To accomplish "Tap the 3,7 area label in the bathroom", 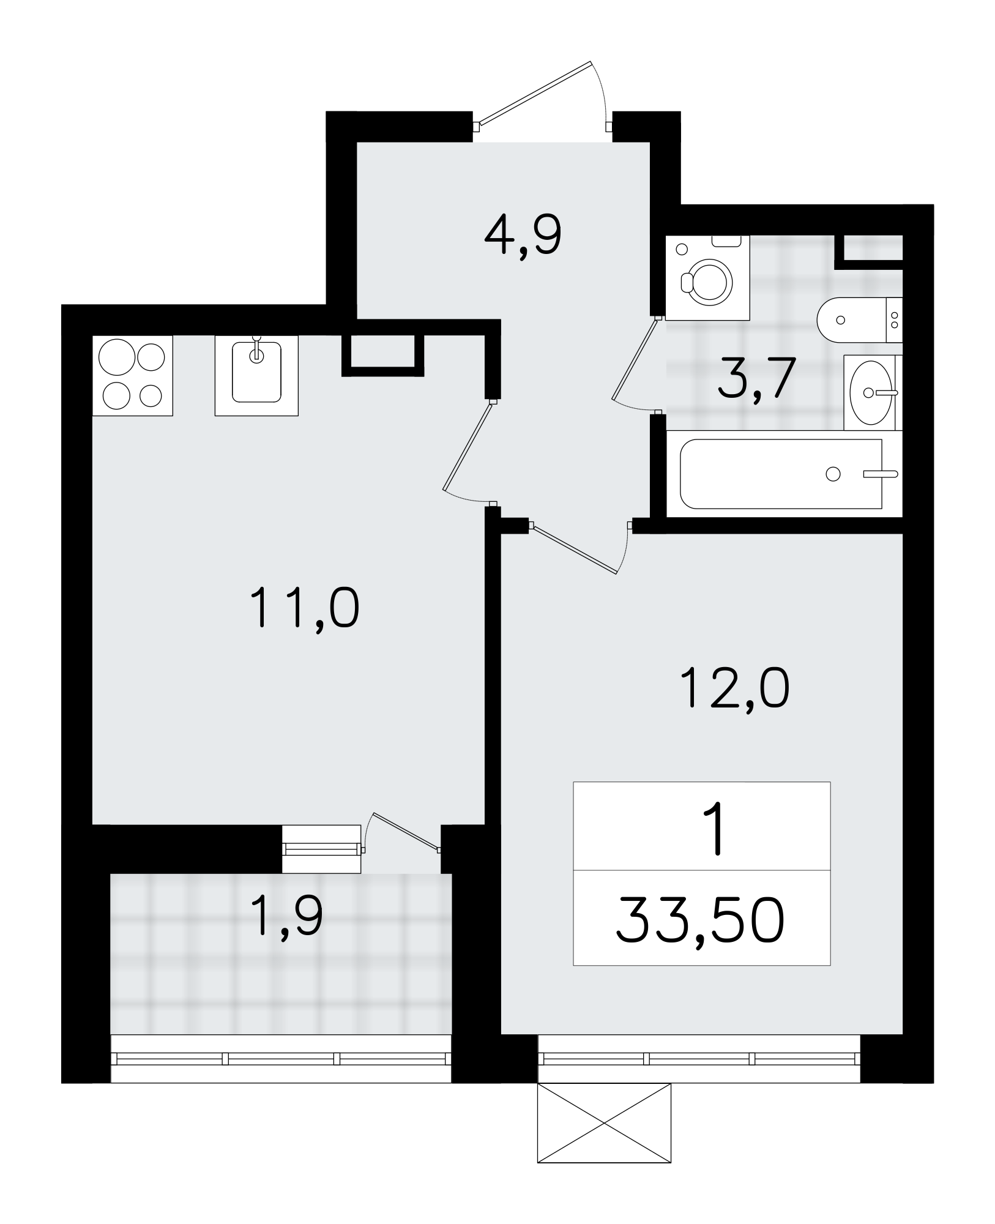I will tap(756, 378).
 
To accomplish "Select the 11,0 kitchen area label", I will tap(304, 608).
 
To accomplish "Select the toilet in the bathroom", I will tap(859, 320).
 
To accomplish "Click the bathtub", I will tap(783, 474).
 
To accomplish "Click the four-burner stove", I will tap(133, 375).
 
